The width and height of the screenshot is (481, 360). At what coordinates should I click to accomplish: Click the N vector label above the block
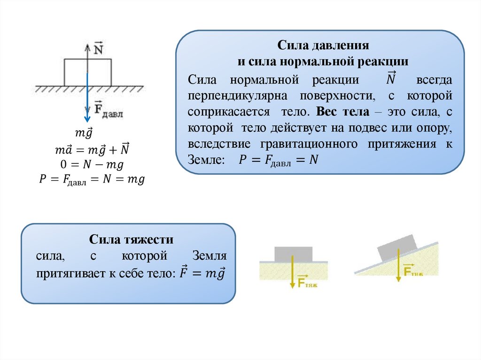[99, 48]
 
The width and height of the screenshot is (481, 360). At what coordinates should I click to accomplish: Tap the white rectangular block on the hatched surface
[75, 72]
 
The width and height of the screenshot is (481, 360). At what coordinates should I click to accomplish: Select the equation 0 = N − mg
[92, 164]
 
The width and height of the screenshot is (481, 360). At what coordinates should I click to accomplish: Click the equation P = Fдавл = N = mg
[92, 180]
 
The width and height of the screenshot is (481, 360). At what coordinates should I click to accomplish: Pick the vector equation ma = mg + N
[92, 150]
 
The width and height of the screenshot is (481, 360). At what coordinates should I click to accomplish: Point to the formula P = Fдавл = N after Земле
[279, 160]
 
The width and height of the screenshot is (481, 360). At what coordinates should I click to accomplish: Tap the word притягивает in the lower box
[70, 273]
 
